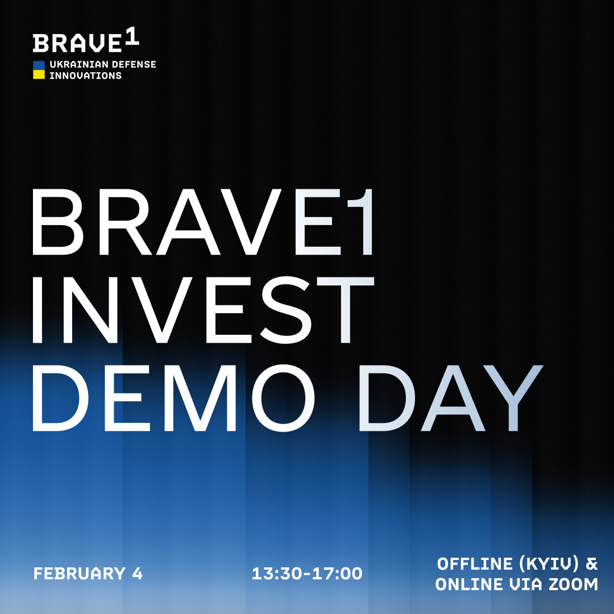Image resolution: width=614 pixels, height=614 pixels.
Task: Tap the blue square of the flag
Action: coord(39,65)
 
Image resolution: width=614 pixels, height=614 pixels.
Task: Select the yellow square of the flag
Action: coord(39,74)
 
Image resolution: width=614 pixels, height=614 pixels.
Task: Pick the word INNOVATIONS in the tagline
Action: coord(85,75)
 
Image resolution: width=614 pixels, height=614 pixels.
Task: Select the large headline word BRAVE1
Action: coord(202,222)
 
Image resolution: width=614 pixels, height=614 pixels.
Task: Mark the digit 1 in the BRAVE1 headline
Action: coord(358,222)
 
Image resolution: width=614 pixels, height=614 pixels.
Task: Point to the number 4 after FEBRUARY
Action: coord(136,574)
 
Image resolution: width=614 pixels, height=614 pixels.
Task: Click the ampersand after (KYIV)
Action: coord(592,564)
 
